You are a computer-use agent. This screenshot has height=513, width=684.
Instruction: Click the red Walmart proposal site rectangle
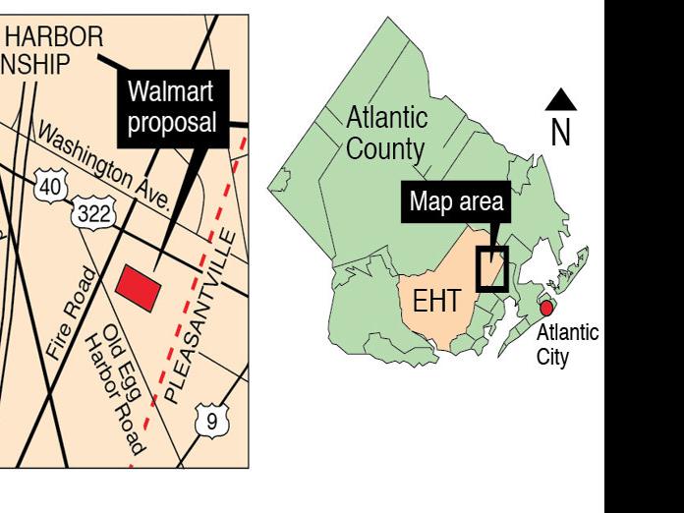pyautogui.click(x=139, y=288)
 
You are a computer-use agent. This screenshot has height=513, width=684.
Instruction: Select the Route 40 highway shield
pyautogui.click(x=52, y=185)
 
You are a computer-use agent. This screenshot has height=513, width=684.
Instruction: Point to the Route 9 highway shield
pyautogui.click(x=211, y=422)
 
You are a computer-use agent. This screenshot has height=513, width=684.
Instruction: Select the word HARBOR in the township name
pyautogui.click(x=55, y=38)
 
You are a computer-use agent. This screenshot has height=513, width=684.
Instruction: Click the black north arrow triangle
pyautogui.click(x=561, y=98)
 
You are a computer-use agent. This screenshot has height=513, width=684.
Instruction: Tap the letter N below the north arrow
pyautogui.click(x=560, y=134)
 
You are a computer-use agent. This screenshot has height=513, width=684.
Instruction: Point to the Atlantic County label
pyautogui.click(x=386, y=134)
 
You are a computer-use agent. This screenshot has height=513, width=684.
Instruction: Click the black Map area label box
pyautogui.click(x=456, y=203)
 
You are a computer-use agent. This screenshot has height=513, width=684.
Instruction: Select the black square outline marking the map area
pyautogui.click(x=491, y=268)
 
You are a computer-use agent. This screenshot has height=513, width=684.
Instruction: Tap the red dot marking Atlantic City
pyautogui.click(x=546, y=309)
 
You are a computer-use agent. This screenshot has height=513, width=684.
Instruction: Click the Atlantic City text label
pyautogui.click(x=566, y=345)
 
